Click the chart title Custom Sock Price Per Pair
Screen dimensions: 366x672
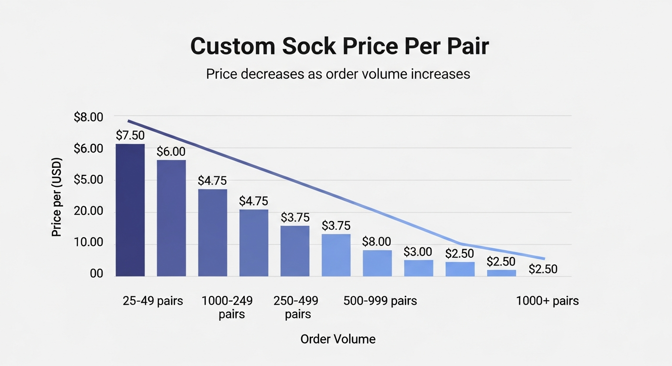coord(339,47)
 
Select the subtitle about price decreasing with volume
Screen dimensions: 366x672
coord(338,74)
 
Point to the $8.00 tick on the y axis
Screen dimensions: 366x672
coord(88,117)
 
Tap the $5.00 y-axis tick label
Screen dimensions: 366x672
coord(88,180)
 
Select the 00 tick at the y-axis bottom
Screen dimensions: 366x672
coord(96,274)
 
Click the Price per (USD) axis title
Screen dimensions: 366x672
coord(57,196)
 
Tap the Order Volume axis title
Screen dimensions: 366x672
coord(338,339)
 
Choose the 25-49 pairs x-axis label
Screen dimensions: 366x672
coord(152,301)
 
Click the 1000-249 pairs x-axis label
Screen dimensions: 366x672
coord(227,307)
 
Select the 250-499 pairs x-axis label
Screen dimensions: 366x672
coord(296,307)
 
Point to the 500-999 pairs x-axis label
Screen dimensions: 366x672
coord(380,301)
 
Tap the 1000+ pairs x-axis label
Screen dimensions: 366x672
coord(547,301)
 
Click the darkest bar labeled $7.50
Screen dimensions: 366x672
coord(130,210)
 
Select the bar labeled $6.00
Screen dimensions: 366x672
coord(171,218)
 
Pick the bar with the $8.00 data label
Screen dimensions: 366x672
coord(377,263)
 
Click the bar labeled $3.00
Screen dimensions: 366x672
coord(419,268)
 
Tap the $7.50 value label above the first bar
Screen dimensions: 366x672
coord(130,135)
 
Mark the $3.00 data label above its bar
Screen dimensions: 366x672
coord(418,252)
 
